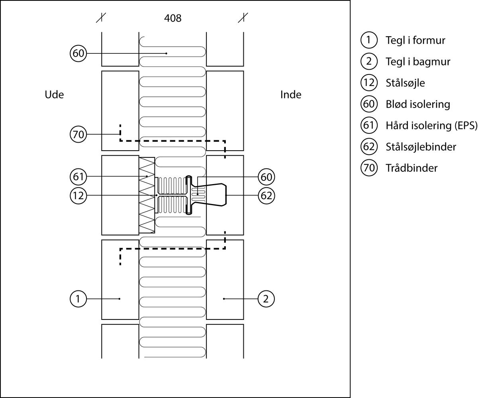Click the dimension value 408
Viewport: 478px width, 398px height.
point(172,18)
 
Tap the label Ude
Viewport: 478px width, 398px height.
point(54,95)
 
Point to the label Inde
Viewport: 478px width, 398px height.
point(291,95)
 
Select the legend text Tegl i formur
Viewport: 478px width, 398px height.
point(415,40)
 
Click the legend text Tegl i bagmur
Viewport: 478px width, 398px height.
point(418,62)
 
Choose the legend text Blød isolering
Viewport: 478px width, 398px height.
point(417,104)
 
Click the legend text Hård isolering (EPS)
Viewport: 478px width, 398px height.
point(431,125)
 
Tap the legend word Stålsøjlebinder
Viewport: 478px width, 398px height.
point(421,147)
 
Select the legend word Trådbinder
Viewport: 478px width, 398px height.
point(411,168)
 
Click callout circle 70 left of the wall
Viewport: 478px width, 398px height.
point(78,135)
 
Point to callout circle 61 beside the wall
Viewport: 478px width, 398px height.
point(78,176)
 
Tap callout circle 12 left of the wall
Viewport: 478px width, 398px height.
point(78,196)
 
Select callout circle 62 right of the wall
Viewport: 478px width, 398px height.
point(266,196)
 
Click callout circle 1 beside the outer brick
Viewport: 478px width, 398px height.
point(78,299)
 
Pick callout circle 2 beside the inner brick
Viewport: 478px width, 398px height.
point(266,299)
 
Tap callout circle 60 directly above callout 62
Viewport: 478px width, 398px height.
point(266,176)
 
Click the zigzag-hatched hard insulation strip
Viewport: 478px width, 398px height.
point(147,194)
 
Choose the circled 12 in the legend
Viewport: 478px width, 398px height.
point(369,83)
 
